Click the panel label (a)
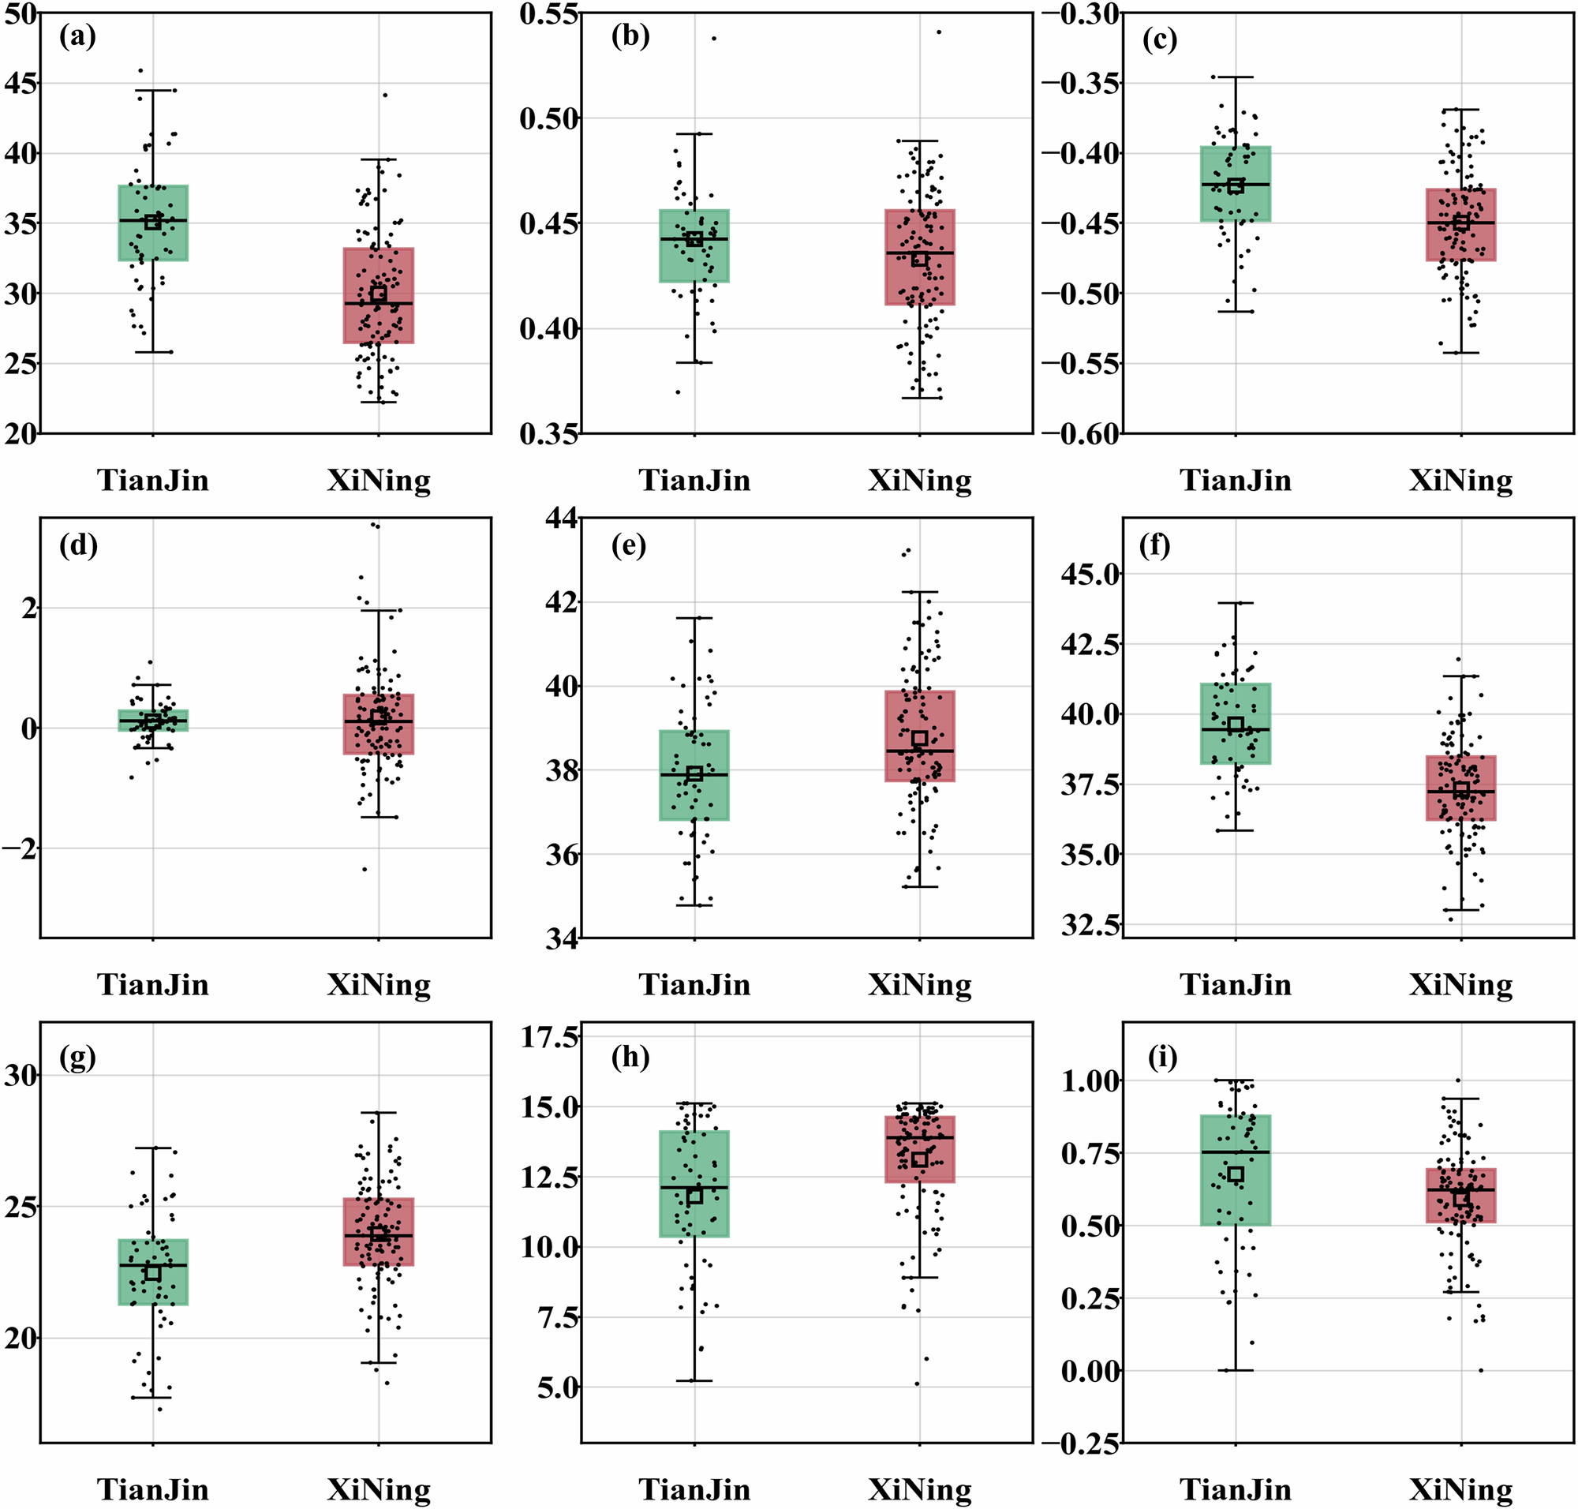[77, 37]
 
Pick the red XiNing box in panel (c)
[1460, 224]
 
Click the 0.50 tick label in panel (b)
[549, 118]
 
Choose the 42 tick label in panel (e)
[563, 601]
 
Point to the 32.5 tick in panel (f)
[1090, 924]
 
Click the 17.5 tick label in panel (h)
[549, 1037]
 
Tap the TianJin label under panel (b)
[694, 480]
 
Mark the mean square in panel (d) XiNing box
[379, 717]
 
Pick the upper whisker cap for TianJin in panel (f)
[1236, 603]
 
